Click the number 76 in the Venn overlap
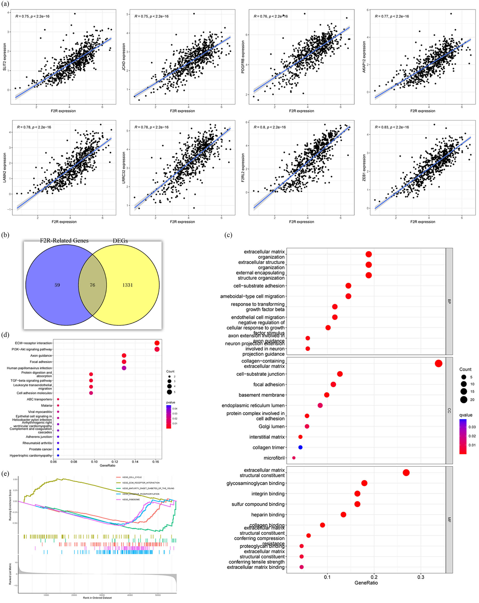92,285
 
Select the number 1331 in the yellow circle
127,285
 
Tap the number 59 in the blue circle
57,285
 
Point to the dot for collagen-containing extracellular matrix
438,363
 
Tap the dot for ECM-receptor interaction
157,343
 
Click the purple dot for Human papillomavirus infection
124,368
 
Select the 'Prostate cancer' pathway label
40,449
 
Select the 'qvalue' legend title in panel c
465,415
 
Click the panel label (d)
5,335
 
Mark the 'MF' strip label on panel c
449,520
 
